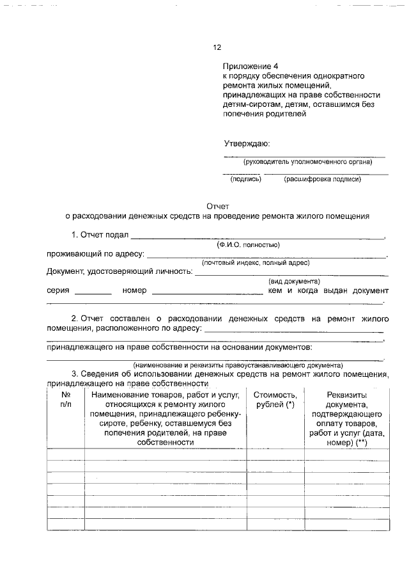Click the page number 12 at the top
click(x=217, y=47)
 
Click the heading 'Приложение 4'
click(x=251, y=67)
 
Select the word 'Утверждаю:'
click(x=246, y=143)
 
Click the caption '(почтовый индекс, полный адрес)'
click(x=256, y=262)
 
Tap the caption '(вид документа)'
click(x=294, y=281)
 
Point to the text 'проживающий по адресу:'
click(x=95, y=254)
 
